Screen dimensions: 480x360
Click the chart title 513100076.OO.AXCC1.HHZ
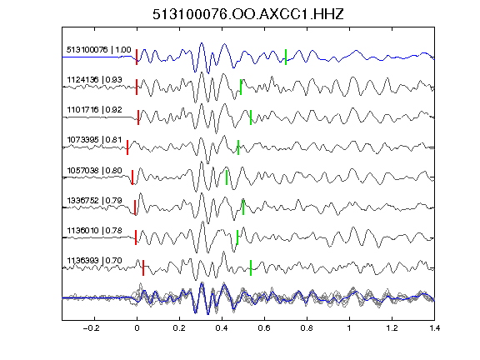point(248,14)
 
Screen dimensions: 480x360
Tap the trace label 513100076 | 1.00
point(99,50)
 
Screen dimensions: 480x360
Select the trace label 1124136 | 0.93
point(95,80)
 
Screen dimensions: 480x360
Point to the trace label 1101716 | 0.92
point(95,110)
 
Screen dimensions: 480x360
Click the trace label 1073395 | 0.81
point(95,140)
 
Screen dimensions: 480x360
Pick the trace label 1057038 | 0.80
point(95,170)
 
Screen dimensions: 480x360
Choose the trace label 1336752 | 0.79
point(95,201)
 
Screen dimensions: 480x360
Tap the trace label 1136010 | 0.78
point(95,230)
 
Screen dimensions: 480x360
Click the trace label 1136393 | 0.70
point(95,261)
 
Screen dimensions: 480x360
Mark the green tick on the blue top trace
point(286,57)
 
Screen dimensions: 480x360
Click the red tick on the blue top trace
point(137,57)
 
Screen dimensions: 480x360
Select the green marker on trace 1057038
point(227,177)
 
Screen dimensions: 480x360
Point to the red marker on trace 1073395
point(127,147)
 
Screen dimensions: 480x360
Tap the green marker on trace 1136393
point(251,267)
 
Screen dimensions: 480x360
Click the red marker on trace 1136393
point(143,267)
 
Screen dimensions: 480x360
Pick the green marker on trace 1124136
point(241,87)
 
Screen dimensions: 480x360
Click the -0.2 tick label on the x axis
point(92,328)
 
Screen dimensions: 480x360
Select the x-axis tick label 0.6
point(264,328)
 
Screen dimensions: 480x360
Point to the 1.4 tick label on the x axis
point(434,328)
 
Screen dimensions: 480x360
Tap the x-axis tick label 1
point(349,328)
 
